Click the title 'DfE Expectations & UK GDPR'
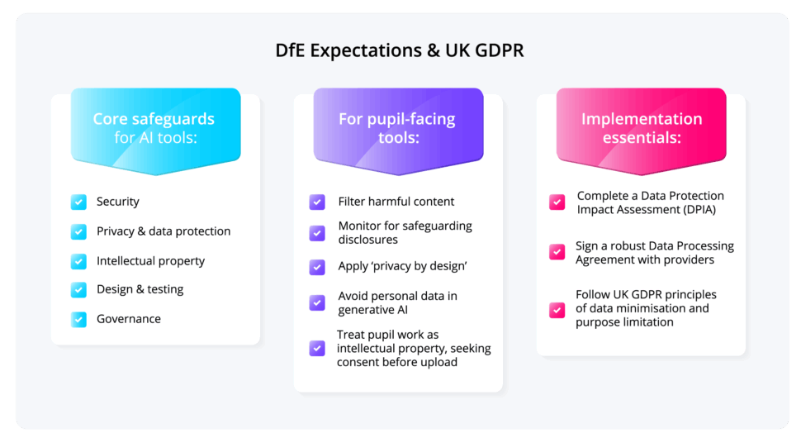click(400, 50)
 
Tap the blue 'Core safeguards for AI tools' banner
click(155, 131)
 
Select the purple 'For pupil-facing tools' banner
click(398, 131)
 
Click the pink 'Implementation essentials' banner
click(641, 131)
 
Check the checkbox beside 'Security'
click(78, 202)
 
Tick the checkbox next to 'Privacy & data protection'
click(78, 231)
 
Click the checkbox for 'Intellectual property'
click(78, 261)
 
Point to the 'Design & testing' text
click(140, 289)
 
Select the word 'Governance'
click(129, 319)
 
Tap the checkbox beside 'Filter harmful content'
click(317, 202)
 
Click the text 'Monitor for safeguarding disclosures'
click(405, 232)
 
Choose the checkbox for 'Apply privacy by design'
click(317, 267)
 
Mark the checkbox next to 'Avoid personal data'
click(317, 302)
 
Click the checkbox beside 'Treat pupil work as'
click(317, 348)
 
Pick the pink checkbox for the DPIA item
click(557, 202)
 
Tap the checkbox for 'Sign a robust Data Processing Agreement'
click(557, 252)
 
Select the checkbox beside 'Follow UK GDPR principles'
click(557, 310)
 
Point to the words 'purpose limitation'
click(624, 322)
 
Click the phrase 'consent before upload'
click(397, 362)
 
